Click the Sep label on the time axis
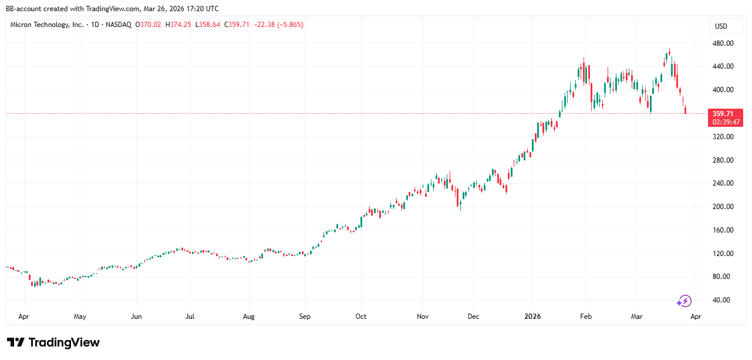[x=305, y=317]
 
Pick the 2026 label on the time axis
[x=532, y=317]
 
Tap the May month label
[x=80, y=317]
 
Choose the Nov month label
[x=423, y=317]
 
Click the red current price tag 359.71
[x=726, y=113]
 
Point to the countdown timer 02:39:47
[x=726, y=122]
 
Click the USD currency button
[x=721, y=26]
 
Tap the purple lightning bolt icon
[x=684, y=301]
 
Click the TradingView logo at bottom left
[x=53, y=342]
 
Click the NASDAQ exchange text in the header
[x=119, y=25]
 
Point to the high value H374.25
[x=178, y=25]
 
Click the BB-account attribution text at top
[x=112, y=9]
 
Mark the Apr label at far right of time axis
[x=696, y=317]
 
